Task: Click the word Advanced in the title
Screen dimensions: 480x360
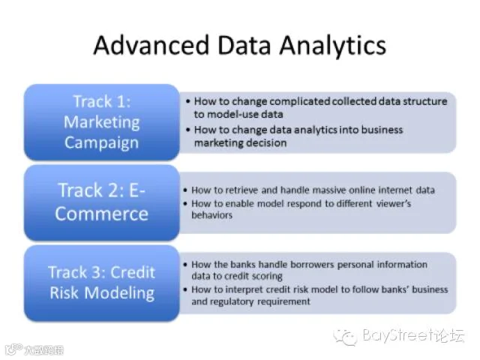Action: (x=151, y=45)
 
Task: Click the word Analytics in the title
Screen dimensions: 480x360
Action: (x=333, y=46)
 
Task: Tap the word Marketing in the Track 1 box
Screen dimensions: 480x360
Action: (x=102, y=122)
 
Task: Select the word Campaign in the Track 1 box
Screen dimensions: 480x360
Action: (x=101, y=143)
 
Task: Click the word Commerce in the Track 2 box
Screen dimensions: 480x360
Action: (x=102, y=214)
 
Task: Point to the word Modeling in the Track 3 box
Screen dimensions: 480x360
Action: (x=119, y=293)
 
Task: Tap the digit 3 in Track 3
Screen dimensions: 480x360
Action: (x=96, y=272)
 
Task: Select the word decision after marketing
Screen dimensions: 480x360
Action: (x=266, y=143)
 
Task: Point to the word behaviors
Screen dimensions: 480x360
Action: (x=211, y=215)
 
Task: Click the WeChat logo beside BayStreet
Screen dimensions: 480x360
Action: (x=346, y=337)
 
